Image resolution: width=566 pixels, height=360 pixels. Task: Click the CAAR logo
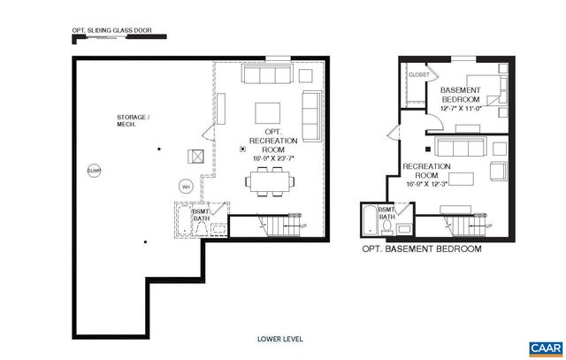pos(541,347)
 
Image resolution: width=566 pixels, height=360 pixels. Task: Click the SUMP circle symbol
pos(94,170)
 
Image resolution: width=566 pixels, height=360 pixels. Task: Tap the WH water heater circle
pos(186,187)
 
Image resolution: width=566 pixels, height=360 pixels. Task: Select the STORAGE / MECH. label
pos(134,121)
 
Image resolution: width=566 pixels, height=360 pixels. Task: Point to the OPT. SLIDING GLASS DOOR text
pos(113,31)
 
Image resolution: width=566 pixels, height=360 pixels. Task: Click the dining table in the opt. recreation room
pos(269,182)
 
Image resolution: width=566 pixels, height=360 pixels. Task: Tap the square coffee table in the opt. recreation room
pos(268,113)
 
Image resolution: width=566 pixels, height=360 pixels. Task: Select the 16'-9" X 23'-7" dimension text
pos(272,159)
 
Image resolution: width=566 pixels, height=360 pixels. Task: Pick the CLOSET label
pos(418,75)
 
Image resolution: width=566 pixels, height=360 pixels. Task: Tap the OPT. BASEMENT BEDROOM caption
pos(422,249)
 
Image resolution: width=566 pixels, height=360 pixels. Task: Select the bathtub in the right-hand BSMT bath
pos(367,221)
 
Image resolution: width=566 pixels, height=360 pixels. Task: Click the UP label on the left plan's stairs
pos(304,226)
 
